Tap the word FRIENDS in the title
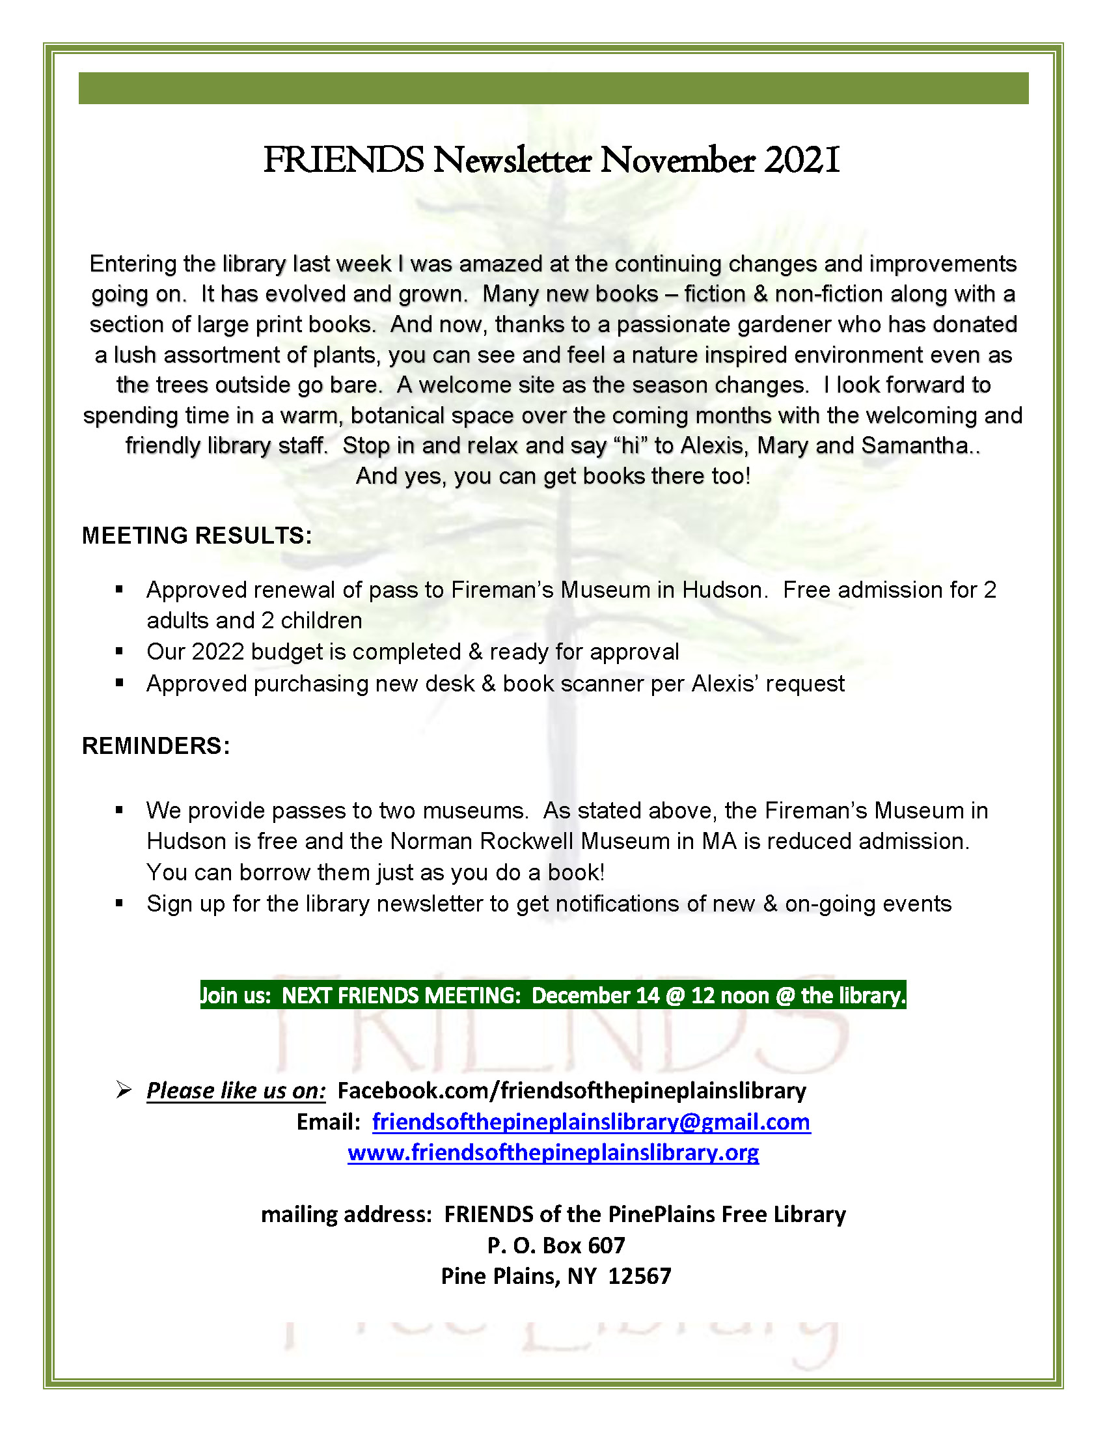pyautogui.click(x=344, y=161)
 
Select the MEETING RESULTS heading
pyautogui.click(x=197, y=535)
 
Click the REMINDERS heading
pyautogui.click(x=156, y=746)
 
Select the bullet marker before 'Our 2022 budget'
pyautogui.click(x=119, y=652)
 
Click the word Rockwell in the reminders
pyautogui.click(x=527, y=841)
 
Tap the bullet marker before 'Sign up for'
pyautogui.click(x=119, y=904)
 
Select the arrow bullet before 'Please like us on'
pyautogui.click(x=123, y=1091)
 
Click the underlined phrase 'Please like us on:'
pyautogui.click(x=236, y=1091)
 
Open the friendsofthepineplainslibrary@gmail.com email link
pyautogui.click(x=591, y=1122)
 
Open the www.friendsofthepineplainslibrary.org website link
pyautogui.click(x=553, y=1153)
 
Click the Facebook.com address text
pyautogui.click(x=571, y=1091)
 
